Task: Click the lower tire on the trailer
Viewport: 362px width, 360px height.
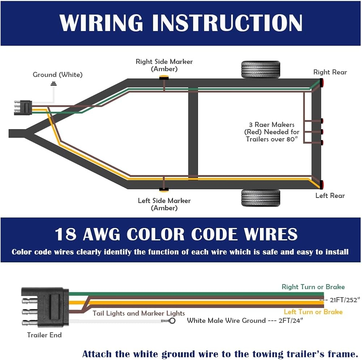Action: (x=260, y=198)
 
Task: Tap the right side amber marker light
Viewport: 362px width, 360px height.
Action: (x=164, y=77)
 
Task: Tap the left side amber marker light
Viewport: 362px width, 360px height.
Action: (x=164, y=190)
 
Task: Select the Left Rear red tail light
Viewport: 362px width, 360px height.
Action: (x=321, y=185)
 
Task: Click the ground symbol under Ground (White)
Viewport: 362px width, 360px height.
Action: (x=54, y=84)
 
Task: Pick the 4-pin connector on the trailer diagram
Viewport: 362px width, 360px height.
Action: (x=23, y=107)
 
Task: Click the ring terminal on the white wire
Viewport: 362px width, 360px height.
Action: (x=172, y=321)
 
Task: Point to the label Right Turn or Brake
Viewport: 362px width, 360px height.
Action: (x=313, y=287)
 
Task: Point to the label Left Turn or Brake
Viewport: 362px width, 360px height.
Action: (x=313, y=312)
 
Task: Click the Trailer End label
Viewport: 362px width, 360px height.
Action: (x=44, y=335)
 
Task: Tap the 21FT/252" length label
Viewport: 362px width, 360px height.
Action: (x=345, y=300)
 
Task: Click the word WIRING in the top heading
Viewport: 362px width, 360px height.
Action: (x=101, y=22)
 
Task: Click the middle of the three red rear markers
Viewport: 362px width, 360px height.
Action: (x=322, y=132)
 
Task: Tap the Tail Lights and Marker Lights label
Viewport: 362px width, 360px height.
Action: (x=139, y=313)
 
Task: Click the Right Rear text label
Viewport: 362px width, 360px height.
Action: (x=330, y=72)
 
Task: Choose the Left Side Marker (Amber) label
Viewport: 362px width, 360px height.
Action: (x=164, y=204)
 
